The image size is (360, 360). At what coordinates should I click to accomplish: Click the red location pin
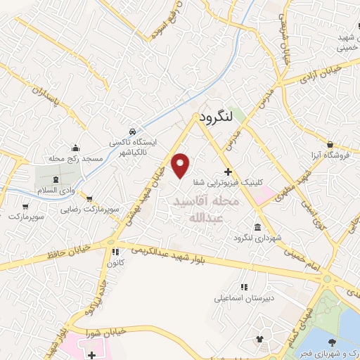(x=181, y=165)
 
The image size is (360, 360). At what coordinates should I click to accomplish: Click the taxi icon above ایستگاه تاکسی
(x=132, y=131)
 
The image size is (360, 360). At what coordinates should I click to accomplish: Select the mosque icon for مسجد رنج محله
(x=76, y=148)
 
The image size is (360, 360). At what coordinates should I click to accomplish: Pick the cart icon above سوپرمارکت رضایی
(x=89, y=199)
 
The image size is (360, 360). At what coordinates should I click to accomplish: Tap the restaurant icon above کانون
(x=113, y=252)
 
